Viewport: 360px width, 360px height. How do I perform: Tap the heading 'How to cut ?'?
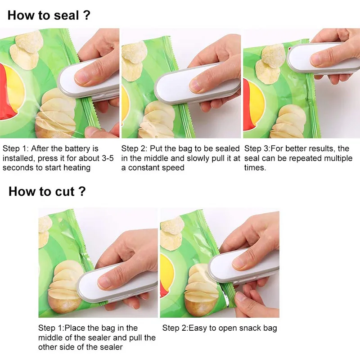tap(47, 191)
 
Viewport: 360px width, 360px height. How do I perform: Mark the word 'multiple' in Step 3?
tap(337, 158)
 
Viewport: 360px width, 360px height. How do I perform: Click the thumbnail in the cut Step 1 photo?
tap(106, 282)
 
